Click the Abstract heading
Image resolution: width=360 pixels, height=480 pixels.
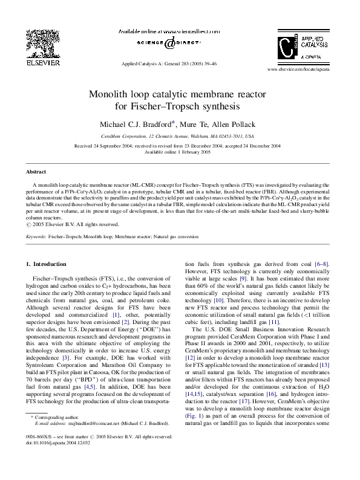36,172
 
